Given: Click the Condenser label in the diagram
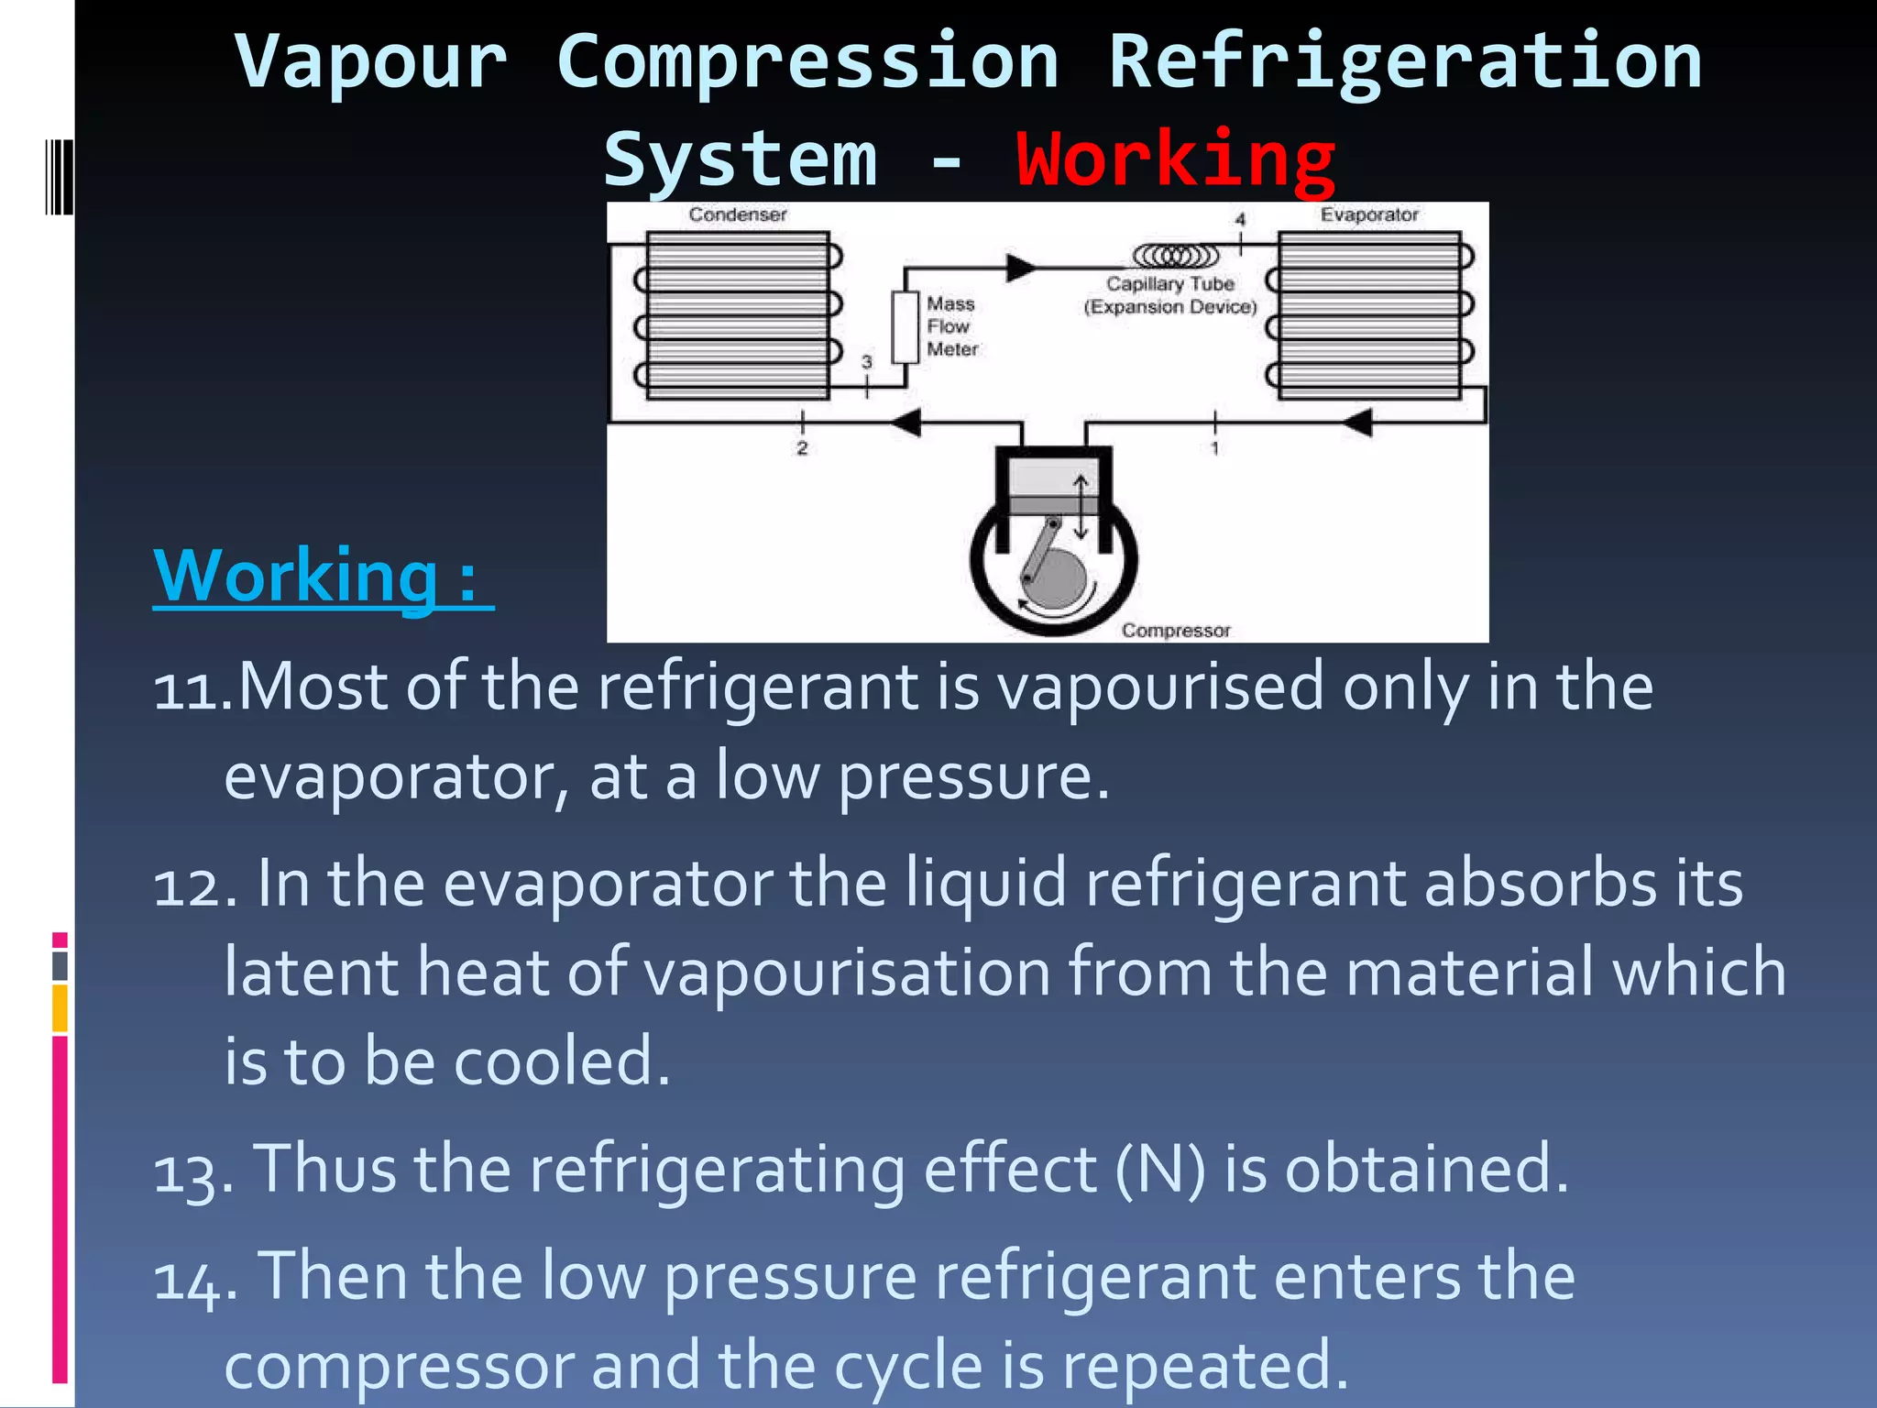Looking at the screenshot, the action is click(738, 214).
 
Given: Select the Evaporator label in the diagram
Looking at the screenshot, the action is click(1369, 214).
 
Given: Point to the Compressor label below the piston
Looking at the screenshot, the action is click(1176, 631).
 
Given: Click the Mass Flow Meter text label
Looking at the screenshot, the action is click(951, 326).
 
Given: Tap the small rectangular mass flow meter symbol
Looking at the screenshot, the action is click(906, 327).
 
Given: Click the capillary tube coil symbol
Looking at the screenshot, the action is click(1177, 254).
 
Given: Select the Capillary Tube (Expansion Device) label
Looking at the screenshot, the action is click(1170, 295).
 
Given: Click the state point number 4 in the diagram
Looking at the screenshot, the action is click(1240, 220).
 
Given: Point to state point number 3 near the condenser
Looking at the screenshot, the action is click(867, 362).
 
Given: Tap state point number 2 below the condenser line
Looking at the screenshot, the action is click(802, 448).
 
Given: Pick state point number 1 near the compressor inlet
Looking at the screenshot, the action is click(1215, 448).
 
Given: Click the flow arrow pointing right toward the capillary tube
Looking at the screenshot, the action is click(1021, 268).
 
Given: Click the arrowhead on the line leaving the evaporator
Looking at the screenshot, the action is click(1358, 423).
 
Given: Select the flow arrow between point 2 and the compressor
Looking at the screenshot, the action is click(906, 423).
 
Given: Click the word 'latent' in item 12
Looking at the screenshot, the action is click(312, 972).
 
